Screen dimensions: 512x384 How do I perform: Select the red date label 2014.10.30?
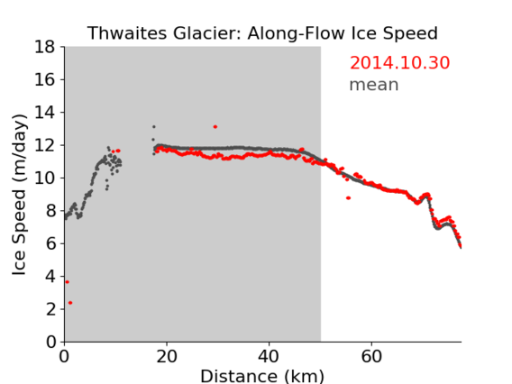coord(399,63)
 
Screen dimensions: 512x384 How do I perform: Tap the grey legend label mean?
coord(374,85)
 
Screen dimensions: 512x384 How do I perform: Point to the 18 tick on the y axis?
coord(45,47)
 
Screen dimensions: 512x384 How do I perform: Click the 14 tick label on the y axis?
coord(45,113)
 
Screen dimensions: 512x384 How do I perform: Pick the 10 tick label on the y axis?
coord(45,178)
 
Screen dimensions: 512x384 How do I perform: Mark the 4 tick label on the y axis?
coord(50,277)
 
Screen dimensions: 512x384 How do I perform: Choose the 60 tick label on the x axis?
coord(371,356)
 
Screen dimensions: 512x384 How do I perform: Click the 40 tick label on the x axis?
coord(269,356)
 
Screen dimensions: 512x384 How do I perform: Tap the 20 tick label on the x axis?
coord(167,356)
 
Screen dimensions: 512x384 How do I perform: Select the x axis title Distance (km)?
coord(262,377)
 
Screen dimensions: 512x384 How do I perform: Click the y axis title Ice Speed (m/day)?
coord(19,195)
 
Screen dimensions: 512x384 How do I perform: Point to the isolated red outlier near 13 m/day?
coord(215,127)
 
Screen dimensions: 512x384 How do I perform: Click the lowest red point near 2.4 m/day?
coord(70,303)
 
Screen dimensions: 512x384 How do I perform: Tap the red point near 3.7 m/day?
coord(68,282)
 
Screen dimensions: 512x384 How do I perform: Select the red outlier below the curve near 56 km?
coord(349,198)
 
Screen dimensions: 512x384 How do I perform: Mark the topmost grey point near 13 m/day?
coord(154,127)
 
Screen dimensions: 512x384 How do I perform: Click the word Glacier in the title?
coord(207,33)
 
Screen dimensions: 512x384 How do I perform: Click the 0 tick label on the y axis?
coord(50,343)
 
